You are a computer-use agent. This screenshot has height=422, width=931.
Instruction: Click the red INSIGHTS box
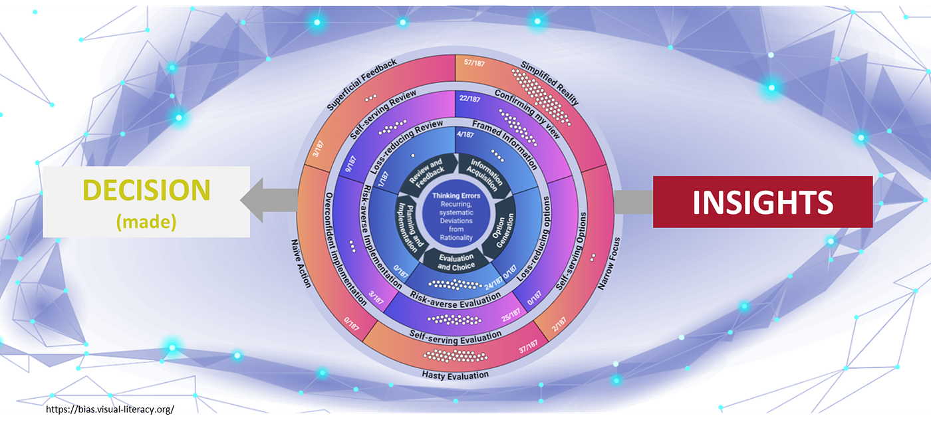(x=763, y=202)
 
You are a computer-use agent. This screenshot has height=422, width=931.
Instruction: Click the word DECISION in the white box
(x=146, y=190)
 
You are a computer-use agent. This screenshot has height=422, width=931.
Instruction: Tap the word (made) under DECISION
(x=146, y=222)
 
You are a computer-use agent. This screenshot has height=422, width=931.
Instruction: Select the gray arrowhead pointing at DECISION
(x=252, y=200)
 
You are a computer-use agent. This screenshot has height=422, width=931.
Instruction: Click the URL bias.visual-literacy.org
(x=110, y=409)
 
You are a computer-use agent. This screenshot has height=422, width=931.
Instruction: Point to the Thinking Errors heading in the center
(x=456, y=195)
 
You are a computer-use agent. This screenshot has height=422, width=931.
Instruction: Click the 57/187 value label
(x=474, y=62)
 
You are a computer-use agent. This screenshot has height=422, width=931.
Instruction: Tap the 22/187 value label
(x=469, y=98)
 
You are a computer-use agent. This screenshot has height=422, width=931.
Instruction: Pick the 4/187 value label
(x=465, y=134)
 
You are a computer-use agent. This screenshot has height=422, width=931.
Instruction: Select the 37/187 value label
(x=528, y=346)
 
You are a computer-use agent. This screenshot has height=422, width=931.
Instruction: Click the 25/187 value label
(x=511, y=315)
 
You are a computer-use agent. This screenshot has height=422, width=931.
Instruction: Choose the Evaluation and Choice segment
(x=456, y=262)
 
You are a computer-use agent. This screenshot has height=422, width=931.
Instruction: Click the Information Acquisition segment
(x=484, y=174)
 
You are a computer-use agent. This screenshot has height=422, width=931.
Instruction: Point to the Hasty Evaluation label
(x=456, y=375)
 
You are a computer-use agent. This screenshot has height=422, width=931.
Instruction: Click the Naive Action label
(x=301, y=263)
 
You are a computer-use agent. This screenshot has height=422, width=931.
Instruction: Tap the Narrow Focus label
(x=609, y=263)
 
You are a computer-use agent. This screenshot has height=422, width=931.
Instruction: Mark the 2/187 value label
(x=559, y=324)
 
